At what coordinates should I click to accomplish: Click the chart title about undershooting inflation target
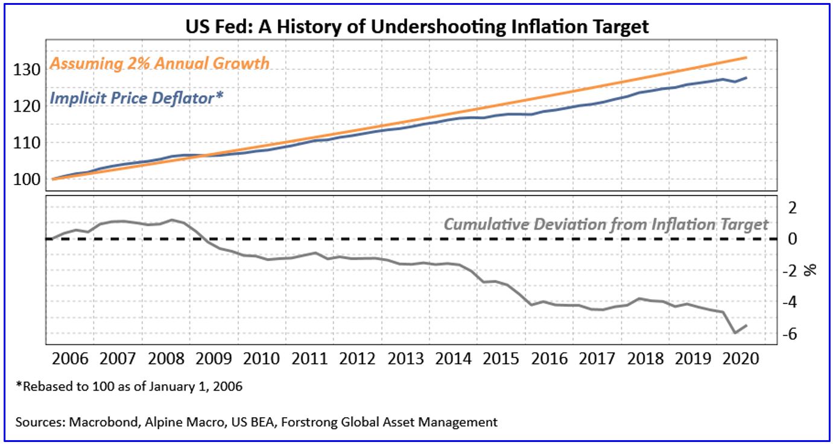[416, 26]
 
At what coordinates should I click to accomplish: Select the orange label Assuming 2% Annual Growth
[159, 63]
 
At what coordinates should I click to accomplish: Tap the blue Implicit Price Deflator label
[137, 96]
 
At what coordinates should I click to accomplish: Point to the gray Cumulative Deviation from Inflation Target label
[606, 224]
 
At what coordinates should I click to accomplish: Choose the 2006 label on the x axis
[71, 359]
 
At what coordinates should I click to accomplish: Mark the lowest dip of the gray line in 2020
[735, 332]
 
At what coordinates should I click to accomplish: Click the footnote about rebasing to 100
[132, 387]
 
